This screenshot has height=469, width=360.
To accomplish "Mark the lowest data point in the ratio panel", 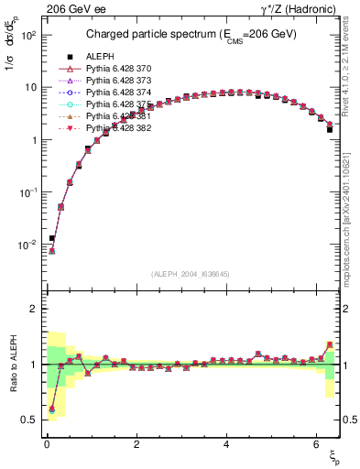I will (52, 409).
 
